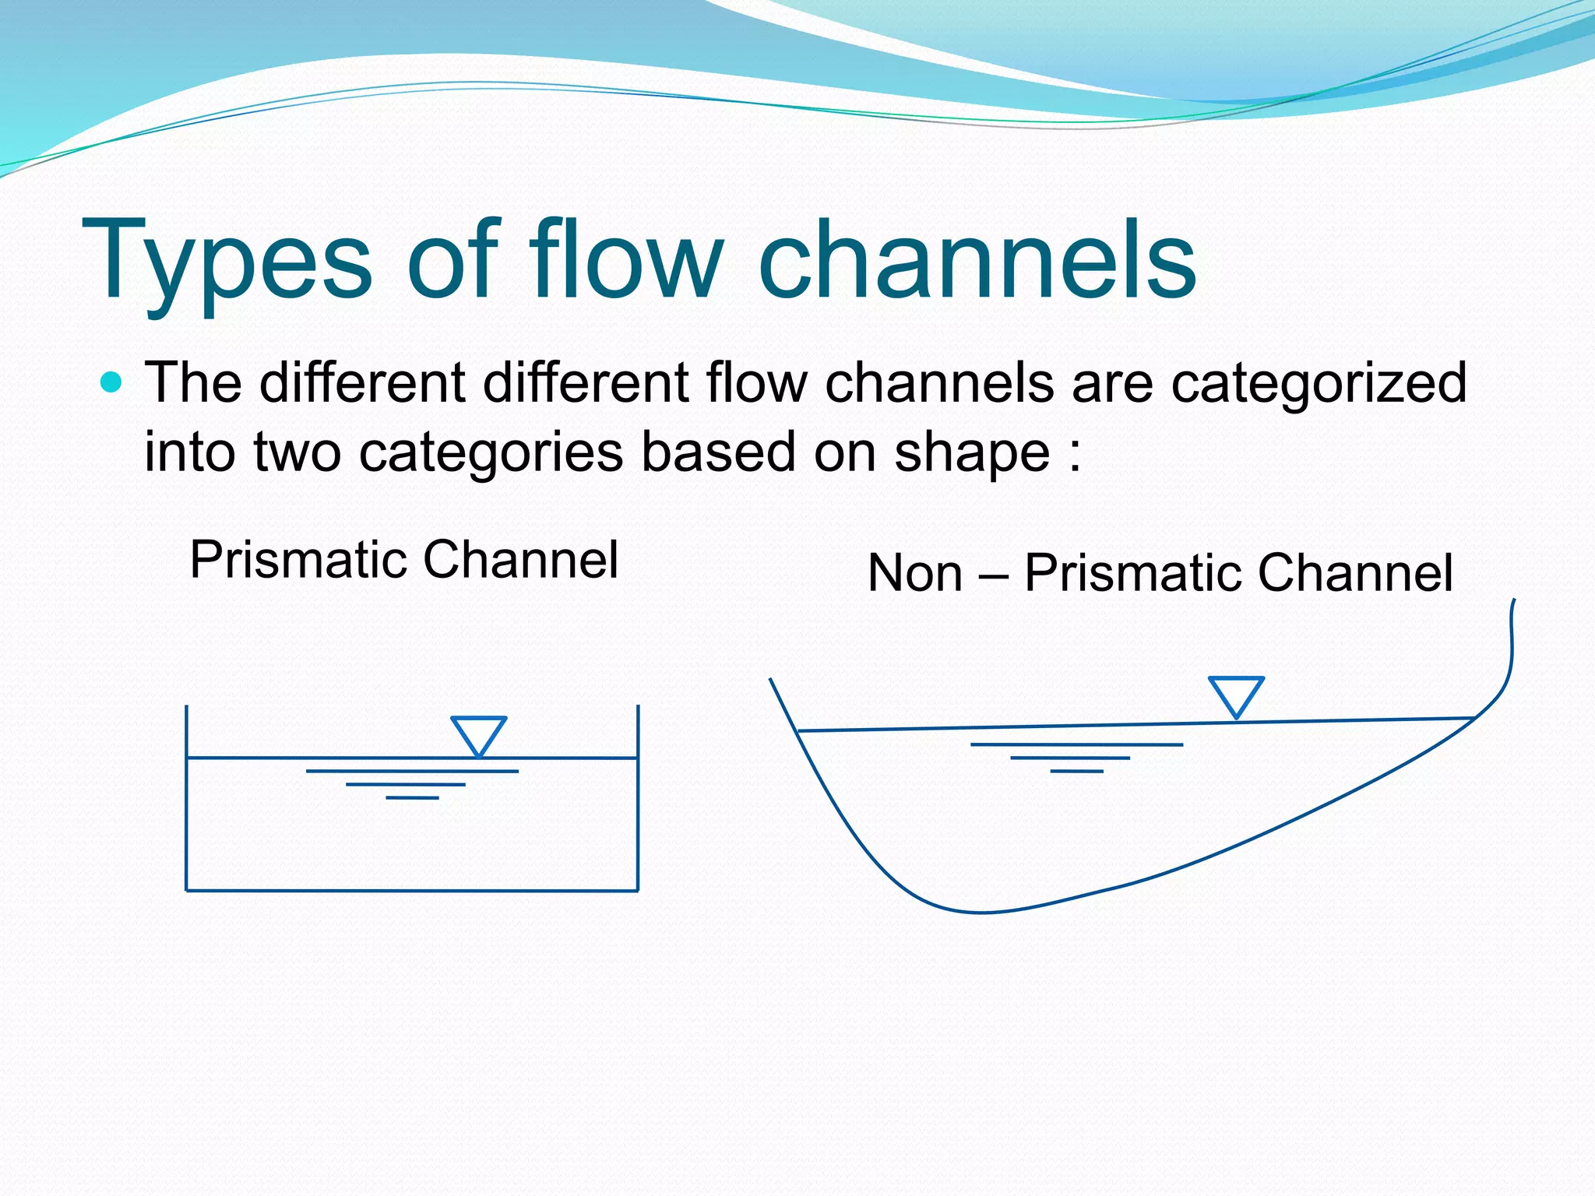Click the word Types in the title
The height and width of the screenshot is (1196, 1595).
226,261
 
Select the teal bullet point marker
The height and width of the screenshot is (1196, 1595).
112,382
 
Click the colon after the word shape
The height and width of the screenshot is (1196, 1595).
1075,455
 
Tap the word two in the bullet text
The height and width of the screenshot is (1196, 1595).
297,453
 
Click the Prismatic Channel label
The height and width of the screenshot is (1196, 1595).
403,560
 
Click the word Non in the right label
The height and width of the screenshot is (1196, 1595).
914,574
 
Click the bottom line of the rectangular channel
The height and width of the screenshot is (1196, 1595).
412,890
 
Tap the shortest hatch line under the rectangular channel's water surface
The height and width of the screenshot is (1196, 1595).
412,798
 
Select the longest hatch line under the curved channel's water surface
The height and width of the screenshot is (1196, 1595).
1076,744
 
